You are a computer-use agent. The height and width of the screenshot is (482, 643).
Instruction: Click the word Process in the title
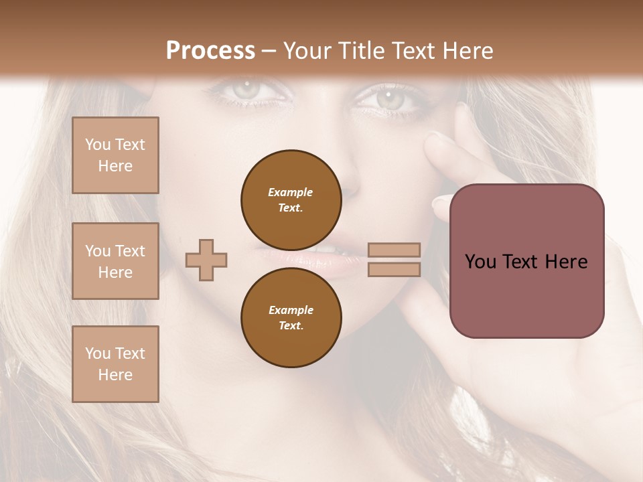point(210,51)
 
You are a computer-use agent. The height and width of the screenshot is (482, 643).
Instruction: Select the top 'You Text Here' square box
point(115,155)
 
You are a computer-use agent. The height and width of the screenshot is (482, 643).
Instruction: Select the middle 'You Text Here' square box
point(115,261)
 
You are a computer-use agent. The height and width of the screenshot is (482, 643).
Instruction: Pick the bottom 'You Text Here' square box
point(115,364)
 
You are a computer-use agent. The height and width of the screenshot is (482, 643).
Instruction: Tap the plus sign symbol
point(206,260)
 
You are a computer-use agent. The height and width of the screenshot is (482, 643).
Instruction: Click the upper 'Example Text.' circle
point(291,199)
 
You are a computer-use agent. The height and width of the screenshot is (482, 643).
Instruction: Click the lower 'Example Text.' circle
point(291,317)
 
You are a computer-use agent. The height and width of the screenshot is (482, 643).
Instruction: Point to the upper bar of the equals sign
point(394,250)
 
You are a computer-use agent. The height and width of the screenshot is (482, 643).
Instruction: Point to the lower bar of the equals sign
point(394,269)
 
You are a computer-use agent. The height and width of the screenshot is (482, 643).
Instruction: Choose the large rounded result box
point(526,261)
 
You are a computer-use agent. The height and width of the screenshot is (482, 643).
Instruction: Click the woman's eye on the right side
point(388,98)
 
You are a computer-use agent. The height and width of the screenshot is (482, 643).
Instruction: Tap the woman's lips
point(321,257)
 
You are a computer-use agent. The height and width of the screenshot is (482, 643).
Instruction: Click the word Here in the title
point(467,51)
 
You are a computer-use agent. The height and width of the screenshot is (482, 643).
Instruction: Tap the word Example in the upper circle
point(291,192)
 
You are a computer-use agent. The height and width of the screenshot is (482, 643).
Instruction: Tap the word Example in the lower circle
point(291,310)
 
